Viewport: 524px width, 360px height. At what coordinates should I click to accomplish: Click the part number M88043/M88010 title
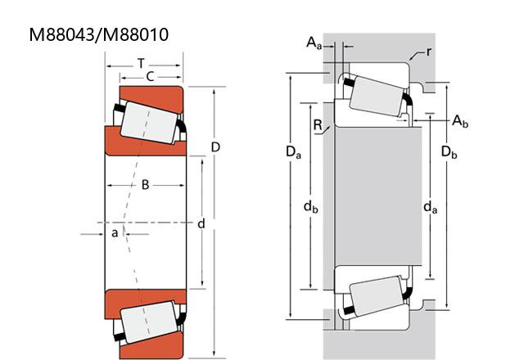[x=99, y=34]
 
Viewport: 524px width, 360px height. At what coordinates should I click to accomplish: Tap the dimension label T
[x=142, y=64]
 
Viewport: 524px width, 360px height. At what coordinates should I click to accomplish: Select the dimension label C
[x=150, y=77]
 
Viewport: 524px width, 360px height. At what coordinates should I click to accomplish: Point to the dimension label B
[x=146, y=185]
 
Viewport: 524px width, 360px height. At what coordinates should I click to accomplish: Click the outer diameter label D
[x=215, y=147]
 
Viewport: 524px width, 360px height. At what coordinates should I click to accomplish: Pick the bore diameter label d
[x=201, y=223]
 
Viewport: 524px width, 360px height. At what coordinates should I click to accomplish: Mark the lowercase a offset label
[x=115, y=232]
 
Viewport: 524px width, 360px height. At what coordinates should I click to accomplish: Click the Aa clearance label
[x=314, y=43]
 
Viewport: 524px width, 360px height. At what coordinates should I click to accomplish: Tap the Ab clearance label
[x=460, y=121]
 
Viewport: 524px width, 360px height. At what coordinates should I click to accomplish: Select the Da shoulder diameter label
[x=293, y=152]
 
